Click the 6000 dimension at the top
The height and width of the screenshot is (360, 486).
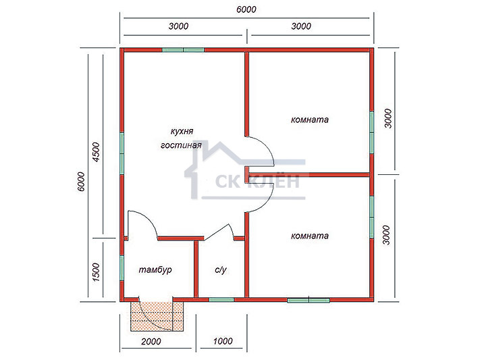tap(246, 9)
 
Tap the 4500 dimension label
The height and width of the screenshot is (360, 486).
tap(97, 152)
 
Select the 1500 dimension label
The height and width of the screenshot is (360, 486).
tap(97, 272)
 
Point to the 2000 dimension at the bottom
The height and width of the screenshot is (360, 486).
tap(151, 341)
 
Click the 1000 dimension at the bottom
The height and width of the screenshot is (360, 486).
tap(223, 341)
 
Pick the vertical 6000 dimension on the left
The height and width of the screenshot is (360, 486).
tap(80, 182)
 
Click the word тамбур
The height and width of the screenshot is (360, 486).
tap(155, 269)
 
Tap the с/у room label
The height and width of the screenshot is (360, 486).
tap(220, 269)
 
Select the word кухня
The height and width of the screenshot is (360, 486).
tap(182, 131)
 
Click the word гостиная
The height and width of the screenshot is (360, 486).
tap(181, 145)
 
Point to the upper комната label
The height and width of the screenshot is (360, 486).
tap(310, 120)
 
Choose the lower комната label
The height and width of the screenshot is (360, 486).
tap(310, 236)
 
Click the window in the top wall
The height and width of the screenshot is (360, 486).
tap(183, 49)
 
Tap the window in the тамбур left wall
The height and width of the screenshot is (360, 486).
tap(122, 267)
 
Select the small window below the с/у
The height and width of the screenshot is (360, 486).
tap(221, 299)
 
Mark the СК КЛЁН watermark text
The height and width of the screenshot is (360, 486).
tap(257, 181)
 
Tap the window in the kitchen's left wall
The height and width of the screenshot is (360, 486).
tap(122, 153)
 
